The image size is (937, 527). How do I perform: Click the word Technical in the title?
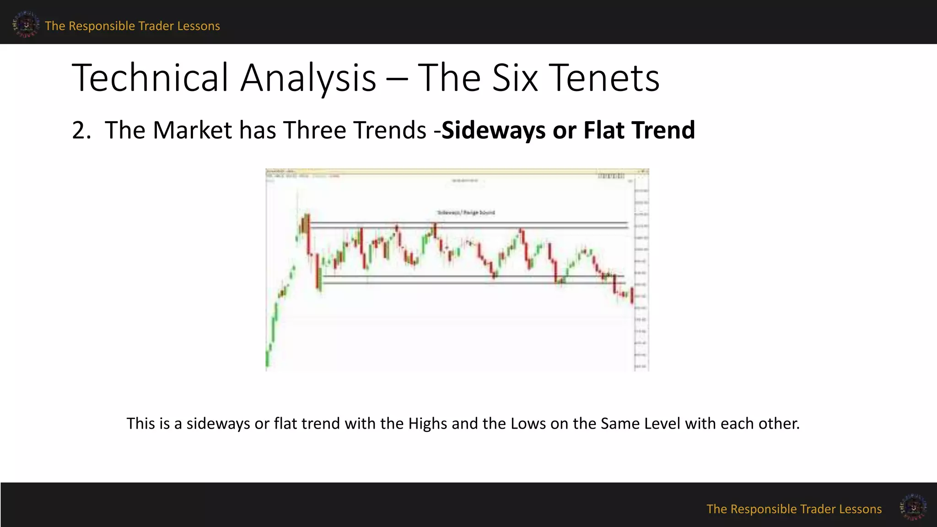(150, 78)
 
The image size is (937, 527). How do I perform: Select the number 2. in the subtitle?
(82, 130)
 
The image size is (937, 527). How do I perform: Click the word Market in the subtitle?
(192, 130)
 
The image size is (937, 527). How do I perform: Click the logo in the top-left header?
(26, 24)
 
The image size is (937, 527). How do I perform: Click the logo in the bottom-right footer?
(913, 507)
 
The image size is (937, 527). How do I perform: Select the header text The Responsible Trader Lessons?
(132, 26)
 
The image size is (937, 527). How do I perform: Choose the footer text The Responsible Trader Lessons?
(794, 509)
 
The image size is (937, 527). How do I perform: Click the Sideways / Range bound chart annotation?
(466, 213)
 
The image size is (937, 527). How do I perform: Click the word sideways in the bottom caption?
(218, 424)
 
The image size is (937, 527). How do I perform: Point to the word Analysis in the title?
(308, 78)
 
